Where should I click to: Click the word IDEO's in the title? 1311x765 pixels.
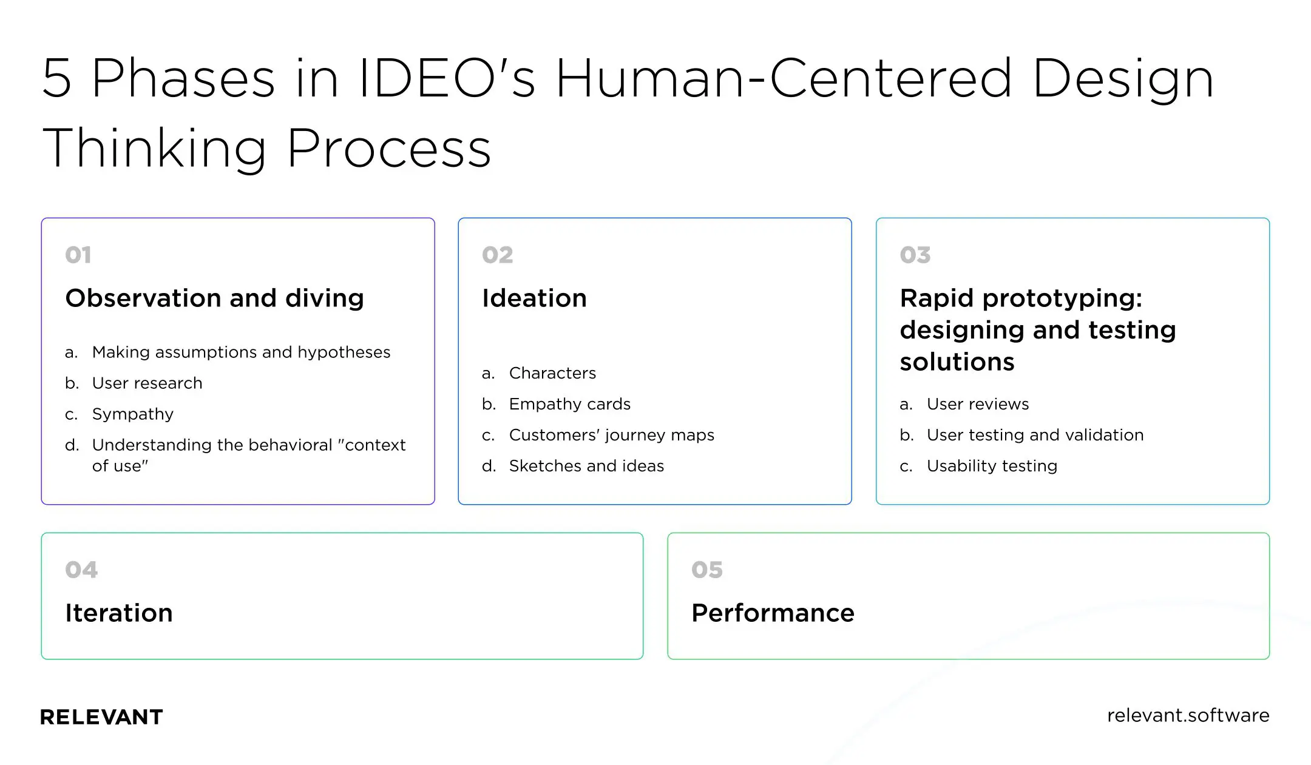[x=447, y=79]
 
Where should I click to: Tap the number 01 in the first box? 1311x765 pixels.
[x=78, y=255]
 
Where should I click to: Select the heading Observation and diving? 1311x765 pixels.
[x=214, y=298]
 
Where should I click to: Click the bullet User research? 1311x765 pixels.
[x=147, y=383]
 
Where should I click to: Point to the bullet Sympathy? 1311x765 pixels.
[x=132, y=414]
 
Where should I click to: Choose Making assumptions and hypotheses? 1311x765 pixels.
[x=241, y=352]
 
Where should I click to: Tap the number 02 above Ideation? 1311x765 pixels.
[x=497, y=255]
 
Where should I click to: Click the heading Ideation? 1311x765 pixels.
[x=534, y=298]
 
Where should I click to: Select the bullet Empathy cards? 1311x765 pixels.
[x=569, y=404]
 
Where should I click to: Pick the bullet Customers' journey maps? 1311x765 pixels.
[x=611, y=435]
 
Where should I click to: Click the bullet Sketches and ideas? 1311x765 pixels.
[x=586, y=466]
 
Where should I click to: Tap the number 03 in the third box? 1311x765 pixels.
[x=915, y=255]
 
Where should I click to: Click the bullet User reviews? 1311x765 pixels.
[x=977, y=404]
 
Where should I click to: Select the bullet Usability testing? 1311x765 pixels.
[x=992, y=466]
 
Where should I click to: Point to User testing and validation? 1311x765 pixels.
[x=1035, y=435]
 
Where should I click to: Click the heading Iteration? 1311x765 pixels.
[x=119, y=613]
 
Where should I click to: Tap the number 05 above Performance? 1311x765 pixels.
[x=706, y=570]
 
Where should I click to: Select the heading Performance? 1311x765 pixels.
[x=773, y=613]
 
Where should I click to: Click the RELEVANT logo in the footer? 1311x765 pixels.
[x=101, y=717]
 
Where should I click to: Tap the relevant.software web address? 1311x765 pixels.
[x=1188, y=716]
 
